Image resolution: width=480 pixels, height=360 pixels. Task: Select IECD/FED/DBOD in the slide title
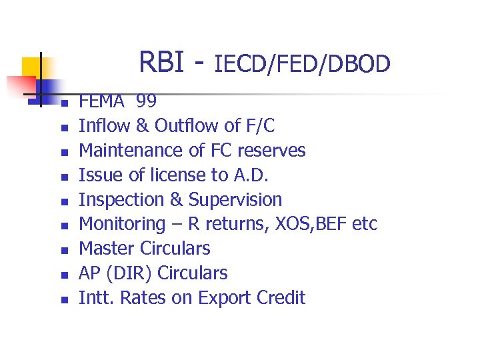[302, 64]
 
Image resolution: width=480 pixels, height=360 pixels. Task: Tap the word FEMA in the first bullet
[102, 101]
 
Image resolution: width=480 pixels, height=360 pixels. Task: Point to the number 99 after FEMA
[146, 101]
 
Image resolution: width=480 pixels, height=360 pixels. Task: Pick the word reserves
[274, 150]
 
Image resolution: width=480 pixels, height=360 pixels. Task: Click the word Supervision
[235, 199]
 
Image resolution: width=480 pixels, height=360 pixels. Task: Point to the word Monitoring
[122, 224]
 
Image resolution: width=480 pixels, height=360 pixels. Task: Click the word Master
[107, 249]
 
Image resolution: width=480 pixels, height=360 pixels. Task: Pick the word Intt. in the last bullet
[97, 298]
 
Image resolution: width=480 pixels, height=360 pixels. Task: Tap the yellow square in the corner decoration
[32, 68]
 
